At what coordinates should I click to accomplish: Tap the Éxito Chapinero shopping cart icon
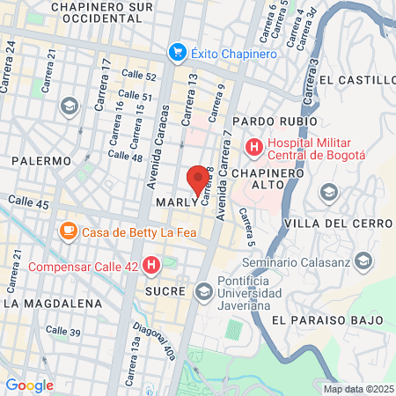[179, 53]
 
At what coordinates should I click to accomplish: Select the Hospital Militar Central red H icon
[254, 146]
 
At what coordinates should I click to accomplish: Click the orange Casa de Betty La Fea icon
[68, 232]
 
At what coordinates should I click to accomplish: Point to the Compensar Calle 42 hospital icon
[151, 264]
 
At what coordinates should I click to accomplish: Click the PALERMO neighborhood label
[40, 162]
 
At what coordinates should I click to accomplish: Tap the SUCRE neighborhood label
[165, 291]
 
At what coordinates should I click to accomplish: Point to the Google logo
[30, 385]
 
